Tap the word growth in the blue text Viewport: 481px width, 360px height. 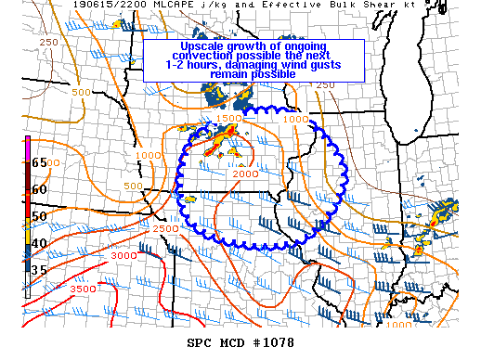coord(253,47)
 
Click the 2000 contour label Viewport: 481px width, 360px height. coord(245,174)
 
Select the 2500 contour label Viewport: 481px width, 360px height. coord(165,228)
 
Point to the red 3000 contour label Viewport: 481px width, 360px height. coord(123,254)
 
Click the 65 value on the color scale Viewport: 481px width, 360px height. coord(40,161)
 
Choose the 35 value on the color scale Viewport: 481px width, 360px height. coord(40,270)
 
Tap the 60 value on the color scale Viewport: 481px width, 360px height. coord(40,188)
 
